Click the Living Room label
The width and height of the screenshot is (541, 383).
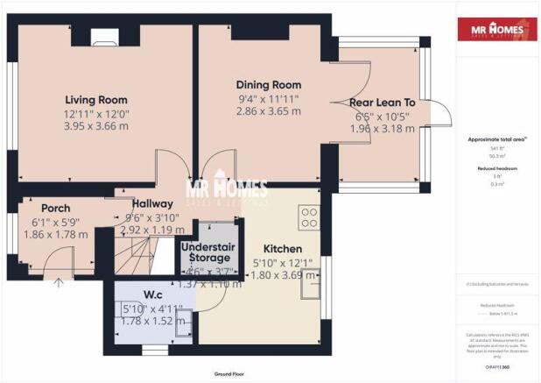pyautogui.click(x=95, y=100)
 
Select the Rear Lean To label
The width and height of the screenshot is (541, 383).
pyautogui.click(x=382, y=103)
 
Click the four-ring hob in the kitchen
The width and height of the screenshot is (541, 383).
pyautogui.click(x=310, y=217)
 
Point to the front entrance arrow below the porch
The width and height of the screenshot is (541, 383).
pyautogui.click(x=59, y=282)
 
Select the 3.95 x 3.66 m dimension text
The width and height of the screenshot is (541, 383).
pyautogui.click(x=95, y=126)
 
